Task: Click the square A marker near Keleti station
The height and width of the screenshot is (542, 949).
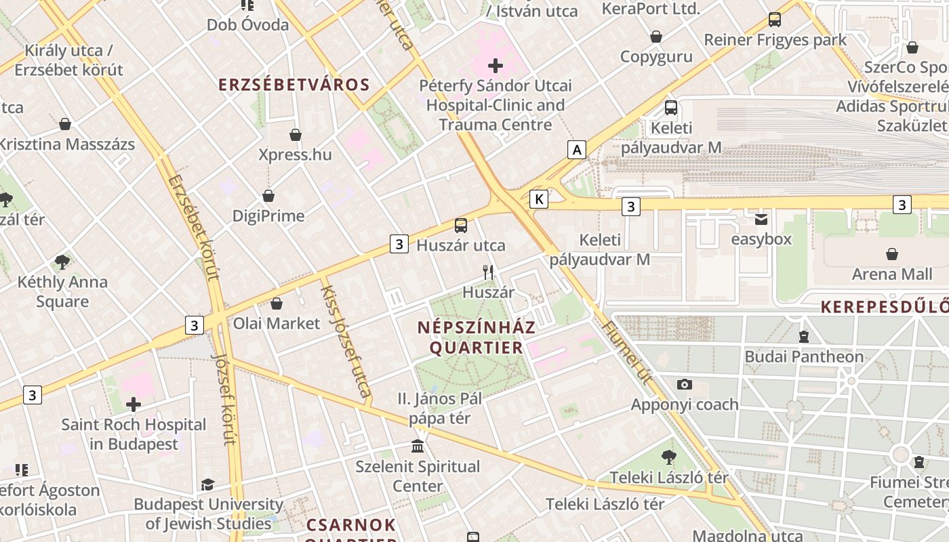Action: point(577,150)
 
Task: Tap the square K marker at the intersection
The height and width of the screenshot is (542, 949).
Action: point(539,199)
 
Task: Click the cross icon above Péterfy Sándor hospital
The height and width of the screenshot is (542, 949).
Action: point(496,66)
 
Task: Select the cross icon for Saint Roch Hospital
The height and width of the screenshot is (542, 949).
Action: point(134,405)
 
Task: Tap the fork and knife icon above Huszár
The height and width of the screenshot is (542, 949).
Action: point(488,272)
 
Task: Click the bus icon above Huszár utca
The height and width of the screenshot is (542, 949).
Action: point(461,226)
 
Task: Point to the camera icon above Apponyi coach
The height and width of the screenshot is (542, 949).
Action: point(685,385)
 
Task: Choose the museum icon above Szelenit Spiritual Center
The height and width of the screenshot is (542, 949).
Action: point(418,446)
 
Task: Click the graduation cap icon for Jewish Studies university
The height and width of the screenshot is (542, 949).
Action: point(207,485)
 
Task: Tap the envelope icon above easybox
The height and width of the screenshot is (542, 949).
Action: point(761,220)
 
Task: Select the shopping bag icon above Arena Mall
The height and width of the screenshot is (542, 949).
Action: point(892,255)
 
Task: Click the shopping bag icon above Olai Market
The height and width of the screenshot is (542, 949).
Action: point(276,304)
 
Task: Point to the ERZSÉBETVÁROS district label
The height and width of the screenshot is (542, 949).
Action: point(294,85)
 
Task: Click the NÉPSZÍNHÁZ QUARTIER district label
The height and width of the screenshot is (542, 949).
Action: point(477,337)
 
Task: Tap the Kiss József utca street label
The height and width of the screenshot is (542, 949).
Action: point(346,341)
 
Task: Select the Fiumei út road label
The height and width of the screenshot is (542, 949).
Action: point(626,356)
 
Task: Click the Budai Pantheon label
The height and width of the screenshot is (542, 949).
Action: point(804,356)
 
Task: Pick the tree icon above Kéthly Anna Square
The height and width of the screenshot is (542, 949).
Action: point(62,262)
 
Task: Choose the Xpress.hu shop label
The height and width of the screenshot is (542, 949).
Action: point(296,154)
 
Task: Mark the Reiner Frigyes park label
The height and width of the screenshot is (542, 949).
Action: point(775,40)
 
